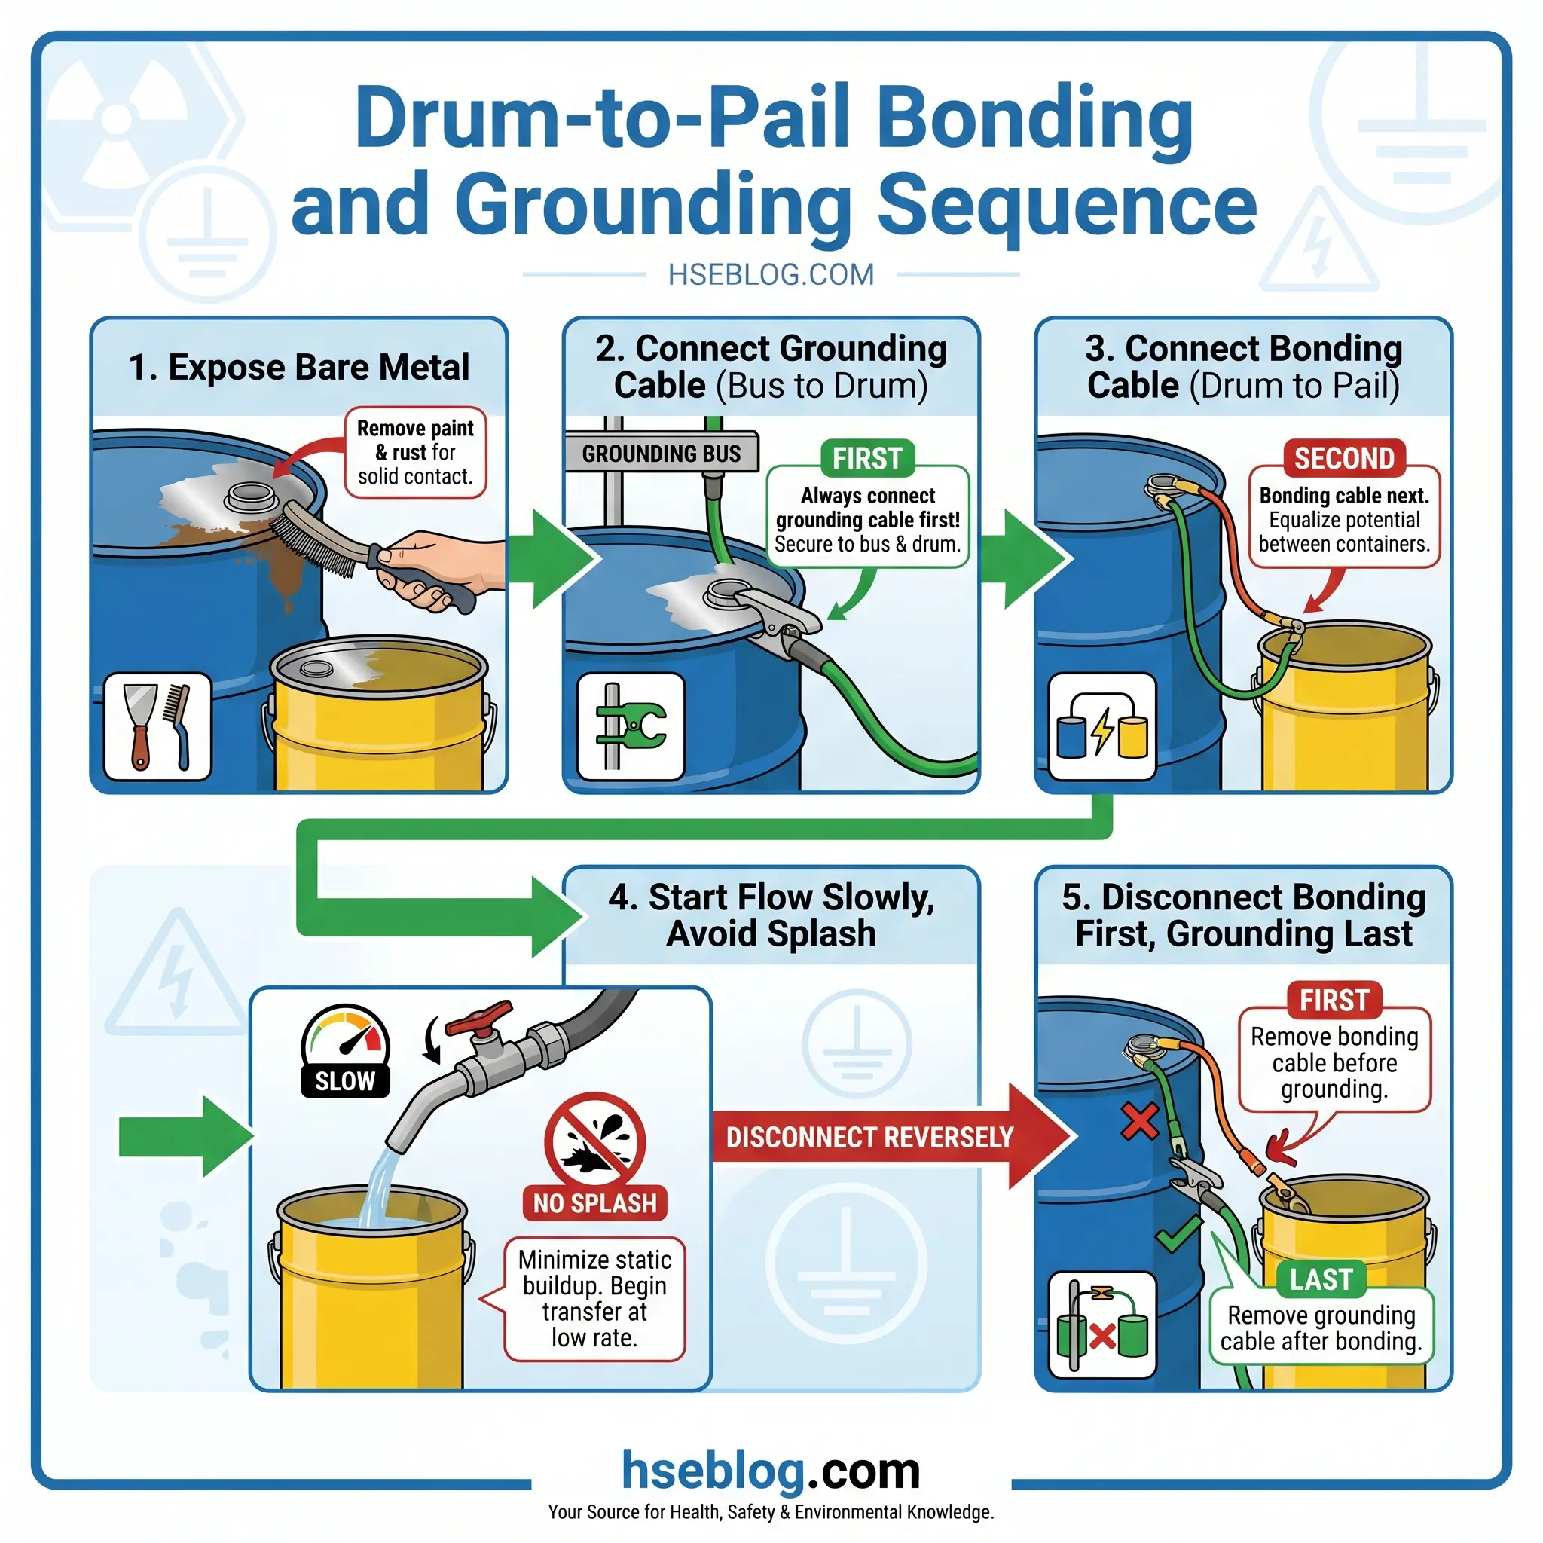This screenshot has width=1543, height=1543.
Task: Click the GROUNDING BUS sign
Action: pos(662,454)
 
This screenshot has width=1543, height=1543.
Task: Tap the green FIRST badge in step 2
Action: pos(867,458)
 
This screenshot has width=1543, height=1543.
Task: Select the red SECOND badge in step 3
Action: pos(1344,458)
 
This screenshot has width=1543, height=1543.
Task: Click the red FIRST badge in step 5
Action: pos(1334,1000)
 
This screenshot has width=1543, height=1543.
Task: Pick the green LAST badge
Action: pos(1321,1279)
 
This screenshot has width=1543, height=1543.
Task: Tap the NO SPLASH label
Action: pos(595,1202)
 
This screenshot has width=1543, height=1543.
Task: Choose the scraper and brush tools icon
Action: pos(158,726)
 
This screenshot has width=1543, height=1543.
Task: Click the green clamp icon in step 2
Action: pos(631,726)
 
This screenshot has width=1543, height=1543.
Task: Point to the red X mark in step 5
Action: pos(1140,1121)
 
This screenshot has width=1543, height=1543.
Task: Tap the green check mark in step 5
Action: pos(1178,1235)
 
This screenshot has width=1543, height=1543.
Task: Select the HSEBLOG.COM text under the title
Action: pos(771,275)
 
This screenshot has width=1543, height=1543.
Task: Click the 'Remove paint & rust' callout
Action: pos(415,452)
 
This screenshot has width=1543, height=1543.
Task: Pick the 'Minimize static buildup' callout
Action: pos(594,1299)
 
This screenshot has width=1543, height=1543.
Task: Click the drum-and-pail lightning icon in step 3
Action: pos(1102,726)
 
